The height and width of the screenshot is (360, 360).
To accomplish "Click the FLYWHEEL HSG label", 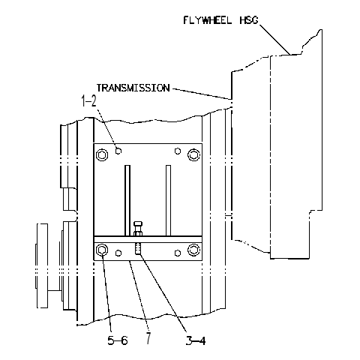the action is point(220,20).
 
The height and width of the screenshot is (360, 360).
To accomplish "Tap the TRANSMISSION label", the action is point(133,88).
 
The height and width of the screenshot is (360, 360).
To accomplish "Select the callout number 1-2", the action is point(88,102).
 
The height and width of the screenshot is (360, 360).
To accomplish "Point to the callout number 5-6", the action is point(118,340).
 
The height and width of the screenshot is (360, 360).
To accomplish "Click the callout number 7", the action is point(148,338).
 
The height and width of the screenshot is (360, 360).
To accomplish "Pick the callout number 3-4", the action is point(196,340).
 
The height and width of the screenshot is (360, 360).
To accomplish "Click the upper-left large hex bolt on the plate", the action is point(102,155).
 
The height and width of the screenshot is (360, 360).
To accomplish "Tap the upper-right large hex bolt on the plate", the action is point(193,155).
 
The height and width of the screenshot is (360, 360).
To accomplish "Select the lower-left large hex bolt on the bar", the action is point(102,250).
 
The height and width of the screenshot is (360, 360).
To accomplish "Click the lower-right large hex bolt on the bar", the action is point(193,250).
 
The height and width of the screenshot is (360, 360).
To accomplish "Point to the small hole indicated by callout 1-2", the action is point(118,151).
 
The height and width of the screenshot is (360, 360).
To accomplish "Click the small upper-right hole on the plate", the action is point(178,151).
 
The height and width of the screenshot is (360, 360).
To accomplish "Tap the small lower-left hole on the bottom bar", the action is point(118,253).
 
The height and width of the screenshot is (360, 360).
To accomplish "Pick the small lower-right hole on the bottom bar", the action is point(178,253).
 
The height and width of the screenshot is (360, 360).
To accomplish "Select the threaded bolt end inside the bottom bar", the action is point(138,249).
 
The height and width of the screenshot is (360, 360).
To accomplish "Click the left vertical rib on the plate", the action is point(127,200).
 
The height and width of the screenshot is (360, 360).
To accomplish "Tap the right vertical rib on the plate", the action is point(169,200).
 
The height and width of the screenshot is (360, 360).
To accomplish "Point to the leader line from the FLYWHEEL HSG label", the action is point(274,39).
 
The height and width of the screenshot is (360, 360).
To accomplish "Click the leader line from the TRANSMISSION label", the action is point(201,94).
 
